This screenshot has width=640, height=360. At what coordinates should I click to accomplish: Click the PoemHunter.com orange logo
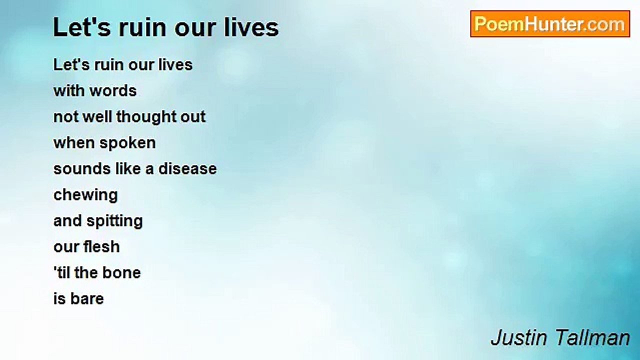(x=550, y=24)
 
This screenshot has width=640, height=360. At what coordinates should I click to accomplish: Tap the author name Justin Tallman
(x=560, y=338)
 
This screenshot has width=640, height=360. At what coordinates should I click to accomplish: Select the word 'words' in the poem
(x=113, y=91)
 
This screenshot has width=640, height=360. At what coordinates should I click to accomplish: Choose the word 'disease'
(x=187, y=168)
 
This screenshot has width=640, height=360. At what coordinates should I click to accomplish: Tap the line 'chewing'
(x=85, y=195)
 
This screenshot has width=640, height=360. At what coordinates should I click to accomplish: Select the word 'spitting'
(x=115, y=221)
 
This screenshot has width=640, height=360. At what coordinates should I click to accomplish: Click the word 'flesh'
(x=101, y=246)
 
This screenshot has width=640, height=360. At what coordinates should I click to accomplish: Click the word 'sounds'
(x=82, y=168)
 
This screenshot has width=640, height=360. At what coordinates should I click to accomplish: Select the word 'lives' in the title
(x=251, y=27)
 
